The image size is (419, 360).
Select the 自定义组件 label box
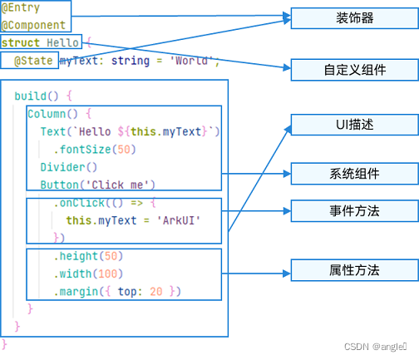tap(355, 70)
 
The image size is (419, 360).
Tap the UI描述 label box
tap(355, 126)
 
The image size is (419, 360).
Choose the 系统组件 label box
tap(355, 174)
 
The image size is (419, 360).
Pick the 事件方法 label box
tap(355, 211)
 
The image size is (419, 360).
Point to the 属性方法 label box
tap(355, 270)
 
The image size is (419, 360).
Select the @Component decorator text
tap(33, 25)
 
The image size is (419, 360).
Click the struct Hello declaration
tap(41, 42)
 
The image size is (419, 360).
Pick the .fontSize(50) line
tap(94, 150)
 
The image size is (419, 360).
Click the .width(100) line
tap(88, 274)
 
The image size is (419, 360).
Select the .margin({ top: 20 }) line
tap(117, 292)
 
